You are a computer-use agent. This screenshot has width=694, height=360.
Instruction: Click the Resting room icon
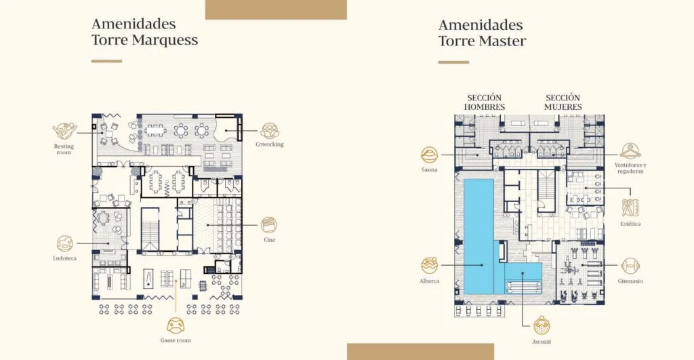click(x=64, y=132)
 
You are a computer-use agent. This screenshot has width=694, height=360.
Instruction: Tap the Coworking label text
click(x=270, y=144)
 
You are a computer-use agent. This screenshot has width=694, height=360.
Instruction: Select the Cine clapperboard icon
click(x=269, y=225)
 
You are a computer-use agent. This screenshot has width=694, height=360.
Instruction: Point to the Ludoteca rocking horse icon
click(x=65, y=243)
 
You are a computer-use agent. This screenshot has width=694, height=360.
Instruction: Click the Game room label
click(x=176, y=340)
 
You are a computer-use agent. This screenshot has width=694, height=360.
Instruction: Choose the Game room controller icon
click(x=176, y=325)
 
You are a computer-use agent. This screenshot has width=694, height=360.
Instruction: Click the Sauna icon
click(x=429, y=155)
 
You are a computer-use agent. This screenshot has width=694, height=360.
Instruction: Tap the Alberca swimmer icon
click(x=429, y=266)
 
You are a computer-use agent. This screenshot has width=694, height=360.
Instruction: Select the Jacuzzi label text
click(x=542, y=342)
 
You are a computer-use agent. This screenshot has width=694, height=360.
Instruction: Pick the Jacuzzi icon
click(x=542, y=325)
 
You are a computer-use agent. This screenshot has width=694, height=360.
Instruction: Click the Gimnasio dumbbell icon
click(x=630, y=266)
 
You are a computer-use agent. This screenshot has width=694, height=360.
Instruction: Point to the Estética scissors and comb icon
click(x=630, y=207)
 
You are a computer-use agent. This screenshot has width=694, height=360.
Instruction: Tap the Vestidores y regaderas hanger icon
click(x=630, y=151)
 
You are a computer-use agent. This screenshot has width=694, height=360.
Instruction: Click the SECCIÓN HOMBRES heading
click(x=484, y=102)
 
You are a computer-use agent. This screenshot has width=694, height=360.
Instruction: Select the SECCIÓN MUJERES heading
click(x=563, y=102)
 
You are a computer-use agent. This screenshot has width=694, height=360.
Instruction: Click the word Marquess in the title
click(x=165, y=40)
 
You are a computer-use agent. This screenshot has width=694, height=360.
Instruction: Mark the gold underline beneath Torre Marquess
click(x=106, y=61)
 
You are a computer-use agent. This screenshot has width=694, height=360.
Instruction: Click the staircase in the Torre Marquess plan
click(x=150, y=229)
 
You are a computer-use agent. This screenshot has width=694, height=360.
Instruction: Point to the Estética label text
click(x=630, y=224)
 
